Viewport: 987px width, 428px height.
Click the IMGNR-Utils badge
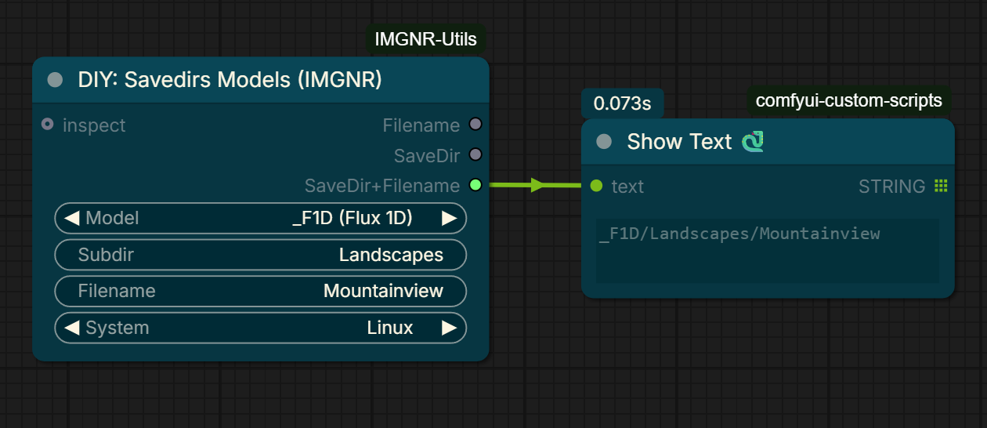tap(425, 39)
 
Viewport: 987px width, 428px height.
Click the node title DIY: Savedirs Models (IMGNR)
tap(230, 80)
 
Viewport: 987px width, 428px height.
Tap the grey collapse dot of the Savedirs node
tap(55, 80)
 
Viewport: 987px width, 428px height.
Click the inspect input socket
tap(48, 125)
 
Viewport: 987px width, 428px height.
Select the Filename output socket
tap(475, 125)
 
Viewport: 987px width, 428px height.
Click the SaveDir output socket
tap(475, 154)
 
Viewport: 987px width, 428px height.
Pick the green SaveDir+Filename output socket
tap(475, 185)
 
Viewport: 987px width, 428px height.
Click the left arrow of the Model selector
tap(72, 218)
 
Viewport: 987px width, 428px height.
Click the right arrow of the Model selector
tap(449, 218)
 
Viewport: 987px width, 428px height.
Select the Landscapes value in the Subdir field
tap(391, 255)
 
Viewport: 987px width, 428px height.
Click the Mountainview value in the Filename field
tap(383, 291)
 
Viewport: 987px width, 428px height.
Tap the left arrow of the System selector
tap(72, 328)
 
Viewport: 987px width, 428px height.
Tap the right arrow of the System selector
tap(449, 328)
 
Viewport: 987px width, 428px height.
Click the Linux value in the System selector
tap(389, 328)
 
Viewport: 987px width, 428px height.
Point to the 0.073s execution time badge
tap(622, 103)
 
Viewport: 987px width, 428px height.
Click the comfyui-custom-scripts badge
tap(848, 100)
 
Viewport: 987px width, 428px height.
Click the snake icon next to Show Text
tap(753, 142)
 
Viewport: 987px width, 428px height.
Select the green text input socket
tap(596, 186)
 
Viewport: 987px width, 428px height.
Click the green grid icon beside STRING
tap(941, 186)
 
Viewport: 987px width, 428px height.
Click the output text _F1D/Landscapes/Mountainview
tap(739, 234)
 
